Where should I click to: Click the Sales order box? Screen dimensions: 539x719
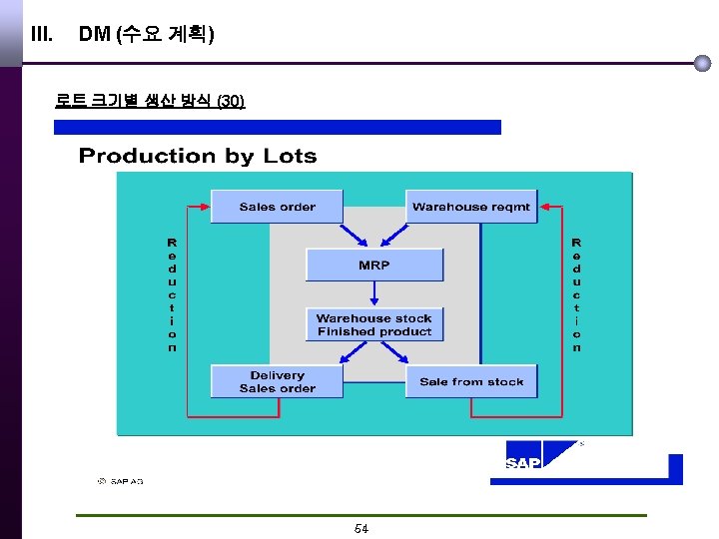(277, 207)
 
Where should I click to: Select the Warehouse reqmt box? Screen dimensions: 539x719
(471, 207)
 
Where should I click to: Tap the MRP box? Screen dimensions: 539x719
(374, 266)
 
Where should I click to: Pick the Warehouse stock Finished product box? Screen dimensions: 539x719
(374, 325)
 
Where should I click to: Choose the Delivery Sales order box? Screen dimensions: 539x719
(277, 382)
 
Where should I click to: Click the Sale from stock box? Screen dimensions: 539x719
(471, 381)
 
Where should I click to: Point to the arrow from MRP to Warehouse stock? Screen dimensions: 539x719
(374, 293)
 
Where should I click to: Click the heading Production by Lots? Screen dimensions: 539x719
(198, 156)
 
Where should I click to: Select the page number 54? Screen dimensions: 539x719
(361, 529)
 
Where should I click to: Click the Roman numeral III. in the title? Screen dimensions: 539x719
(42, 35)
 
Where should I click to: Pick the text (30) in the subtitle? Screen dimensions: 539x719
(231, 101)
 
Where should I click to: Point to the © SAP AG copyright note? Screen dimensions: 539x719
(120, 481)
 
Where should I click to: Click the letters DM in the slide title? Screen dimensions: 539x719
(94, 35)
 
